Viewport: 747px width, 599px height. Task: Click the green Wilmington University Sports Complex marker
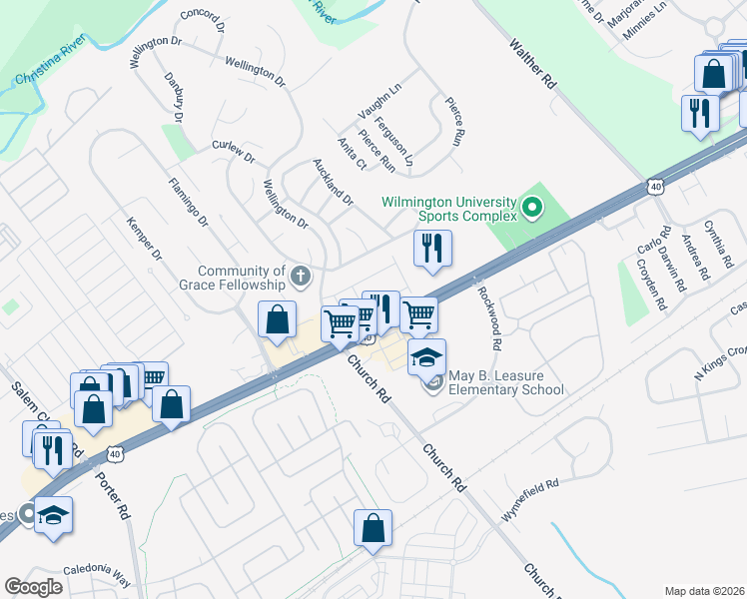tap(532, 209)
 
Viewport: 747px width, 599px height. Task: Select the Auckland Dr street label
tap(334, 182)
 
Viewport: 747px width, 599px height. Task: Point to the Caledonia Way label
tap(97, 575)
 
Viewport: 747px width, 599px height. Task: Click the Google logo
tap(34, 587)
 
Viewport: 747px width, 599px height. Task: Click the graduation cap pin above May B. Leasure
tap(426, 356)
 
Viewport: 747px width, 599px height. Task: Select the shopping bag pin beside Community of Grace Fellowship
tap(277, 319)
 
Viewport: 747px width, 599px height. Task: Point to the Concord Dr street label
tap(205, 22)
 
